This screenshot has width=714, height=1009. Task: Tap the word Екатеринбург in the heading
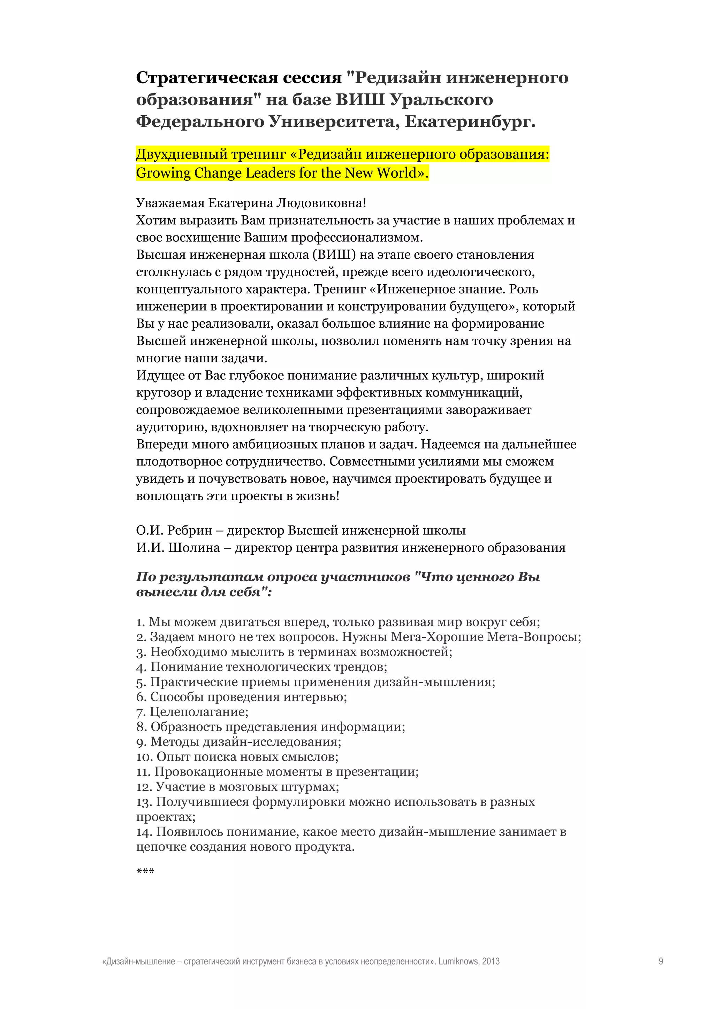click(x=470, y=121)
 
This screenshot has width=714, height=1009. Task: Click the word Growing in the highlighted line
click(x=163, y=173)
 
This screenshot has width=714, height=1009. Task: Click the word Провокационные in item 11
click(x=209, y=772)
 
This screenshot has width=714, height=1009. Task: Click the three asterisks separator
click(x=145, y=872)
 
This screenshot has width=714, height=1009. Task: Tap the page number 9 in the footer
click(x=661, y=961)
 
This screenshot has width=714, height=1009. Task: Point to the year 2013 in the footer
click(x=491, y=961)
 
